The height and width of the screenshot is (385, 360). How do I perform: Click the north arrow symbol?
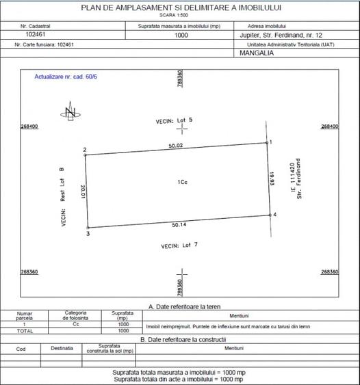[69, 114]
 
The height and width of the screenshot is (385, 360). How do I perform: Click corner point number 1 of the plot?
[266, 143]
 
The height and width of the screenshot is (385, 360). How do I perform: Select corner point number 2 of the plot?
[85, 155]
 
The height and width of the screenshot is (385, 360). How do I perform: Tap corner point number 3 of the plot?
[88, 228]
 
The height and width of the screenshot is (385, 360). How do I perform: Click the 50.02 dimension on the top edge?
[177, 145]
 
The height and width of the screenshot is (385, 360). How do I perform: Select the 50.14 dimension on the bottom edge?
[180, 224]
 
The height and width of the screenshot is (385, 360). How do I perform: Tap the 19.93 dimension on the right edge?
[272, 180]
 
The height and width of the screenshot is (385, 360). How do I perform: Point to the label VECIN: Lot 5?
[174, 120]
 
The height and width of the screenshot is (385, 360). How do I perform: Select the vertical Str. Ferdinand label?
[299, 177]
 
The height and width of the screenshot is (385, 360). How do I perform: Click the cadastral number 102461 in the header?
[36, 34]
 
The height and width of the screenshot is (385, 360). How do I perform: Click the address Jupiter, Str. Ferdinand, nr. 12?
[275, 34]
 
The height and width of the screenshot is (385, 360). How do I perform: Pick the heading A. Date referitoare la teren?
[180, 306]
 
